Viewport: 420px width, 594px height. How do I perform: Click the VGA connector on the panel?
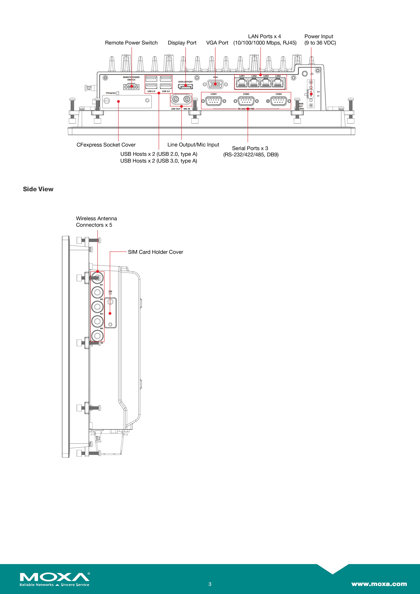[x=215, y=84]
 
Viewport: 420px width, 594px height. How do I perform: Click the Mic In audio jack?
[x=186, y=99]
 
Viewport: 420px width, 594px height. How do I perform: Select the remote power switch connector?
[x=131, y=87]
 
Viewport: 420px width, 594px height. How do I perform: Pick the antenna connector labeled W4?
[x=97, y=321]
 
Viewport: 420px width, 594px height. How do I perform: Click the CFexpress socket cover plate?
[x=127, y=101]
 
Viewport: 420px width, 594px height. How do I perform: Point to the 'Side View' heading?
[x=38, y=189]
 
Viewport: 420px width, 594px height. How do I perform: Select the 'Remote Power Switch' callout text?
[x=131, y=43]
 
